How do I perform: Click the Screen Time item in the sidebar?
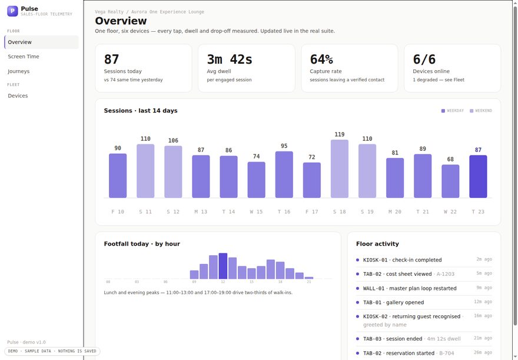(x=24, y=57)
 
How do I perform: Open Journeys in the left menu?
(x=18, y=71)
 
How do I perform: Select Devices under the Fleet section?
(x=18, y=95)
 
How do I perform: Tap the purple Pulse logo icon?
(x=12, y=11)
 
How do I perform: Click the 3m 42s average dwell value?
(x=230, y=60)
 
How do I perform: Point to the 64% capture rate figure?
(x=321, y=60)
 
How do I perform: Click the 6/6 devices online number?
(x=424, y=60)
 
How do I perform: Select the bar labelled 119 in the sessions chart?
(x=340, y=169)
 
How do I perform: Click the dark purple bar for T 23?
(x=478, y=177)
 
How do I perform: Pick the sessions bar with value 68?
(x=450, y=181)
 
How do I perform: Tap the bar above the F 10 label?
(x=118, y=176)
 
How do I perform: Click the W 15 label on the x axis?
(x=256, y=212)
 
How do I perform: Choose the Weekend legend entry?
(x=481, y=111)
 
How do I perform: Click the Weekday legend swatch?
(x=443, y=111)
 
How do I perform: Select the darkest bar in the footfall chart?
(x=223, y=266)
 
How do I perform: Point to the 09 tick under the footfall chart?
(x=194, y=282)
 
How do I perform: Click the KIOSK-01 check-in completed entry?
(x=402, y=260)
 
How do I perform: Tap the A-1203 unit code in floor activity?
(x=446, y=274)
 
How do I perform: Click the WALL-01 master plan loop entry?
(x=410, y=288)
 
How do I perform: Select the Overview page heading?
(x=121, y=21)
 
